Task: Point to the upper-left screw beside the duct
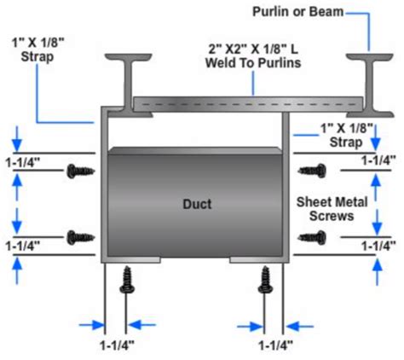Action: [81, 171]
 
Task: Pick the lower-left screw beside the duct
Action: [81, 235]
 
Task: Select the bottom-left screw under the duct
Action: [128, 279]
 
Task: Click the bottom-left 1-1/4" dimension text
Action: [114, 344]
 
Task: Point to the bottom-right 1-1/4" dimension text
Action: [274, 344]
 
